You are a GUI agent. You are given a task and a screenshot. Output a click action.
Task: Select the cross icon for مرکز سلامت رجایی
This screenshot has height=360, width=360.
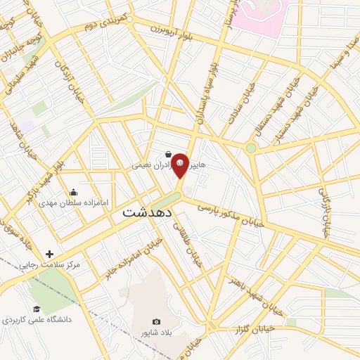click(x=49, y=254)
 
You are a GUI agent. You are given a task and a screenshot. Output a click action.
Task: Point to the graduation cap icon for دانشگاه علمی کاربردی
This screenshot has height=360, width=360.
click(x=37, y=308)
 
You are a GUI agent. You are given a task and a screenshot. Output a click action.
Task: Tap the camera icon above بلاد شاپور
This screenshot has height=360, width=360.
click(x=156, y=321)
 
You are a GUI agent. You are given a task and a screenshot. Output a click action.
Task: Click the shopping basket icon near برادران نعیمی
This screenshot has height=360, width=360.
click(x=167, y=155)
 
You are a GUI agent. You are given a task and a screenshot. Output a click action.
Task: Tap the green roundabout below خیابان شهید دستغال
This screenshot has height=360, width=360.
click(x=251, y=148)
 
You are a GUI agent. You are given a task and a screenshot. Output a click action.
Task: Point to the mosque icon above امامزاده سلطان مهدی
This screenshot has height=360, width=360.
click(x=73, y=192)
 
